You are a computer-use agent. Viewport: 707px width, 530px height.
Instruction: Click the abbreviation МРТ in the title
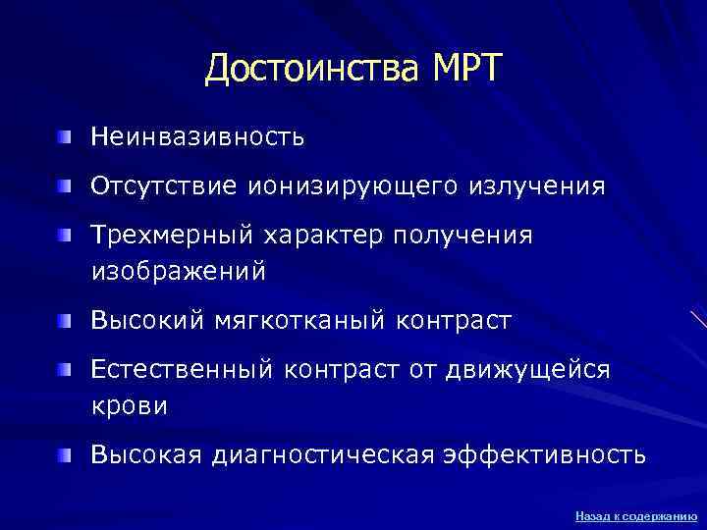click(465, 70)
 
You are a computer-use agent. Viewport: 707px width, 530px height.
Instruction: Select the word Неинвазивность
click(197, 137)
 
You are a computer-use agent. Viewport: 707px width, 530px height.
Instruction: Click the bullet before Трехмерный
click(65, 235)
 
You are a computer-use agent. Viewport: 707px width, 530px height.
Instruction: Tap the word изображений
click(178, 271)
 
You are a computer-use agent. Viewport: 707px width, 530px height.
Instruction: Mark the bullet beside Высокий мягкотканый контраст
click(65, 320)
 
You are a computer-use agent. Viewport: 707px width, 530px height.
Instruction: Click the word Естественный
click(182, 370)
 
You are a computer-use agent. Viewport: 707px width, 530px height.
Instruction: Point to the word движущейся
click(526, 370)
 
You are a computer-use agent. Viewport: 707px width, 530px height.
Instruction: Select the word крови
click(129, 405)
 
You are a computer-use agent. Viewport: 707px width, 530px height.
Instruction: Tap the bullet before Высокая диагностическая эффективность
click(65, 454)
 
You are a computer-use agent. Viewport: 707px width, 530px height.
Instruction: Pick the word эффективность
click(545, 455)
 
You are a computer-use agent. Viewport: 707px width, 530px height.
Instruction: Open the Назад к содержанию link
click(635, 515)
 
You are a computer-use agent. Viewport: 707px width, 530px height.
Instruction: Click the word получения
click(462, 236)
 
